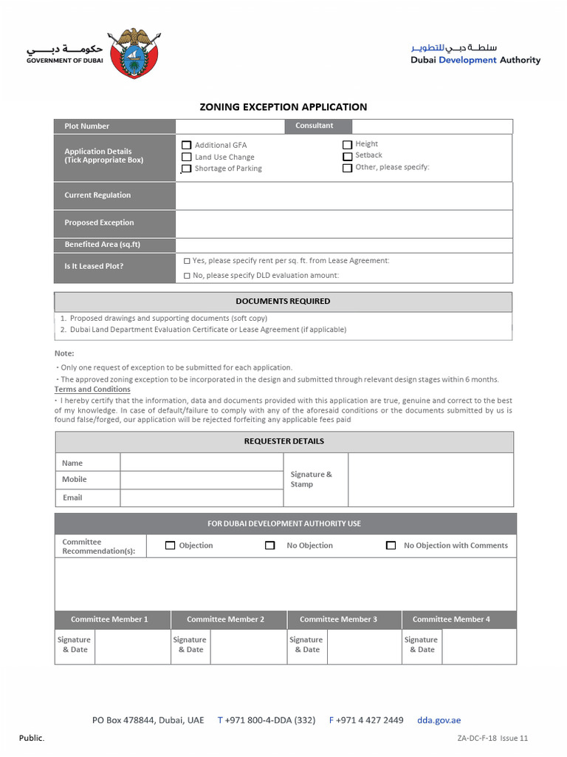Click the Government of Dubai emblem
[133, 53]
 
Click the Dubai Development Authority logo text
[475, 55]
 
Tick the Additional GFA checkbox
[187, 146]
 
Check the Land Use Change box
[187, 157]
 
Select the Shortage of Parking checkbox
[187, 169]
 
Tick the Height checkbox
[347, 145]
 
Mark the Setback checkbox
[347, 156]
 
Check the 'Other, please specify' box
[347, 168]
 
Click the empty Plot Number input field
[230, 126]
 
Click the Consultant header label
[315, 126]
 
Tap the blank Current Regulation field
[343, 196]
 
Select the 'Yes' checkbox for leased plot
[187, 261]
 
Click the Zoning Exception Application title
[283, 107]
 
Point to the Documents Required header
[283, 302]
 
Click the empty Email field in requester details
[201, 498]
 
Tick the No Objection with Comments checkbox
[391, 546]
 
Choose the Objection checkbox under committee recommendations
[170, 546]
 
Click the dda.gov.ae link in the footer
[439, 720]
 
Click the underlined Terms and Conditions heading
[92, 390]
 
